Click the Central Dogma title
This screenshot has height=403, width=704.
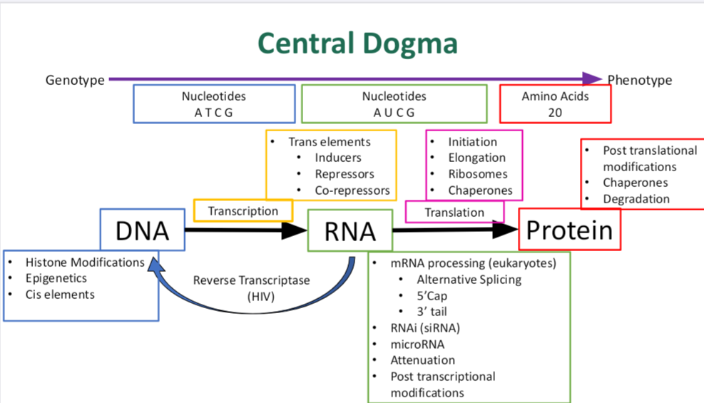click(358, 44)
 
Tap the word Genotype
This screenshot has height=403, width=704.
click(75, 81)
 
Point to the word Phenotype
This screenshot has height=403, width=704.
click(640, 81)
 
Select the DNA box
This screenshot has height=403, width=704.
click(143, 230)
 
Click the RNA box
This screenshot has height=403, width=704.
click(350, 230)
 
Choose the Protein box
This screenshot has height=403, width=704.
click(569, 230)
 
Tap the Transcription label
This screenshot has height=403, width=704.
click(243, 211)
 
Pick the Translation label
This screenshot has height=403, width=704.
click(454, 213)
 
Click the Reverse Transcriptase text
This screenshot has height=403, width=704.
click(251, 280)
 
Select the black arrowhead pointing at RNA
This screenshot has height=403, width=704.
click(294, 230)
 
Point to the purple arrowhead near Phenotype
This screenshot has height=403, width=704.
click(592, 79)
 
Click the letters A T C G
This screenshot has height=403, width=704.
click(214, 113)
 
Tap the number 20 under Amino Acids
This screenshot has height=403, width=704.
click(555, 113)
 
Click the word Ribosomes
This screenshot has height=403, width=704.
click(478, 174)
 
